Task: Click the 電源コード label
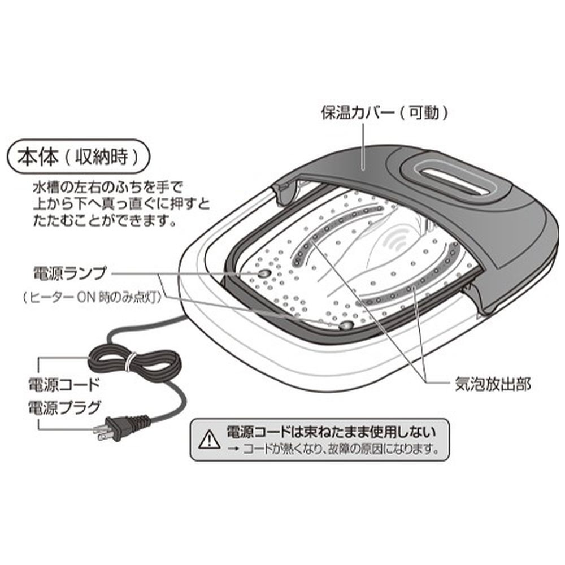pos(64,385)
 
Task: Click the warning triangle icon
pos(209,438)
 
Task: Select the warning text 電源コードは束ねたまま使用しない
pos(331,433)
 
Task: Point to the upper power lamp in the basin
pos(263,273)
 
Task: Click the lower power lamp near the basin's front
pos(344,325)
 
